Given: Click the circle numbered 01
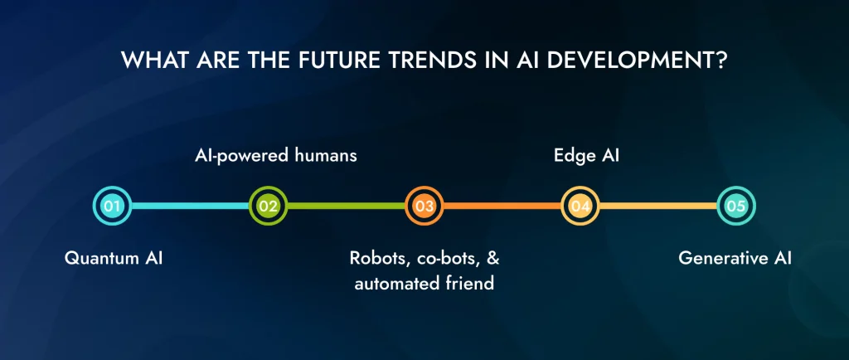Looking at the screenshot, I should tap(112, 206).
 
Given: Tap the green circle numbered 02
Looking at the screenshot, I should tap(268, 206).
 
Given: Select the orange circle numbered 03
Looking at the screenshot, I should tap(424, 206).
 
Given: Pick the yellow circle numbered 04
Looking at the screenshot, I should tap(580, 206).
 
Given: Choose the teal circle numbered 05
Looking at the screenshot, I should tap(735, 206).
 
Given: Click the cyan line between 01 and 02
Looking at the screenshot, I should tap(190, 206).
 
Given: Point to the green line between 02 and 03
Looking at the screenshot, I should tap(346, 206).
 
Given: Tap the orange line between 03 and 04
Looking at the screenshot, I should tap(502, 206).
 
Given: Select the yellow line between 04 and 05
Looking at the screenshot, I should tap(657, 206).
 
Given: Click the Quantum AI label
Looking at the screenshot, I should tap(114, 258).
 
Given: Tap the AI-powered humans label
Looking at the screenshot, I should tap(269, 154).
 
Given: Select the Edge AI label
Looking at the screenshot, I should tap(580, 154).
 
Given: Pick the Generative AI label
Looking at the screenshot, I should tap(735, 258).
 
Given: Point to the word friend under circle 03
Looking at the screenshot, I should tap(470, 284).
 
